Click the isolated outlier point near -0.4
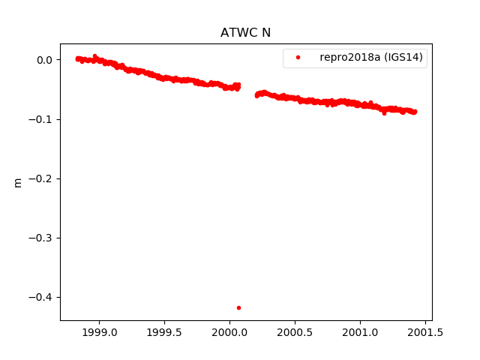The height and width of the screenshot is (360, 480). coord(238,307)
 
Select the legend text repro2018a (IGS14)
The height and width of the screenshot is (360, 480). coord(373,58)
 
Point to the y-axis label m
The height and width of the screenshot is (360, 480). coord(18,182)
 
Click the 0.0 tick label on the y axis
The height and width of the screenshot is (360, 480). coord(44,60)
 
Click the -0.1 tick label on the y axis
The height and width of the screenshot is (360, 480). coord(41,119)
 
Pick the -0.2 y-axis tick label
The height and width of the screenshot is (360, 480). coord(41,178)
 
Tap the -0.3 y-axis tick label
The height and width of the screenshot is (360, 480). coord(41,238)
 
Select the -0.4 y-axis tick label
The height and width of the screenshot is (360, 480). coord(41,297)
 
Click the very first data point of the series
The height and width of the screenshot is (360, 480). coord(78,58)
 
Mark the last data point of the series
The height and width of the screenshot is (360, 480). coord(415,112)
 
